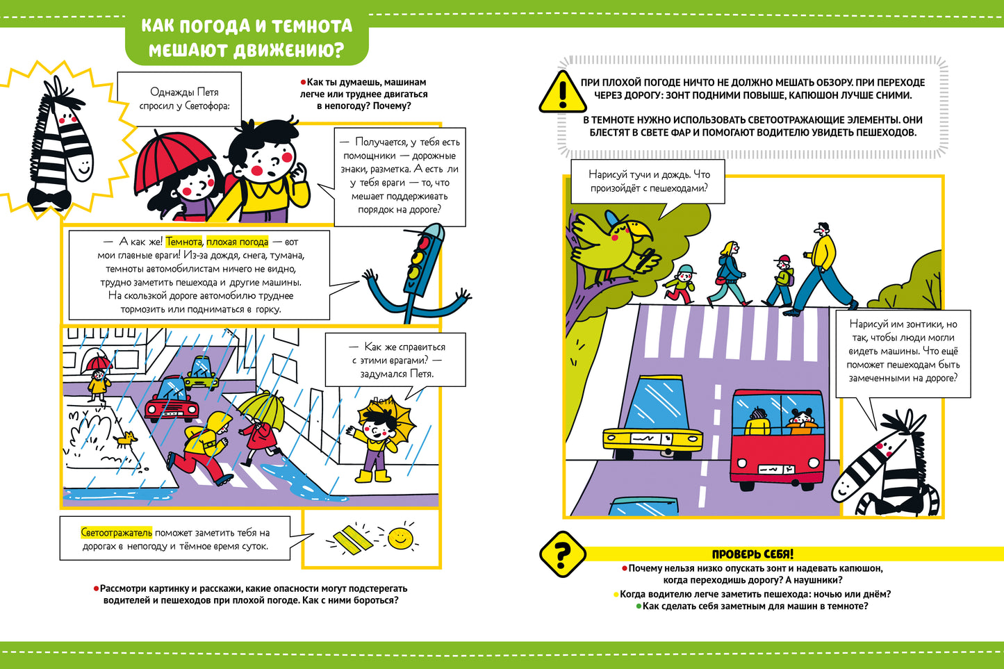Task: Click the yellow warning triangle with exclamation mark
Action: tap(563, 93)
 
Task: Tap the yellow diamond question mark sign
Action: tap(563, 554)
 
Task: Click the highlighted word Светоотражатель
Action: tap(116, 532)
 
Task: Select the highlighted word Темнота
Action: tap(183, 242)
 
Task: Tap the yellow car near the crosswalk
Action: tap(652, 419)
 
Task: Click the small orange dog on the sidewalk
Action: tap(126, 438)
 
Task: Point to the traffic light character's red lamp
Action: tap(422, 242)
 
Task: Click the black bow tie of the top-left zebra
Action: tap(49, 199)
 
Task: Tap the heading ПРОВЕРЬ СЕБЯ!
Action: tap(752, 554)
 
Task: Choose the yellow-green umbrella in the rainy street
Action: tap(262, 410)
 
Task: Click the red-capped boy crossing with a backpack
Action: tap(780, 281)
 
